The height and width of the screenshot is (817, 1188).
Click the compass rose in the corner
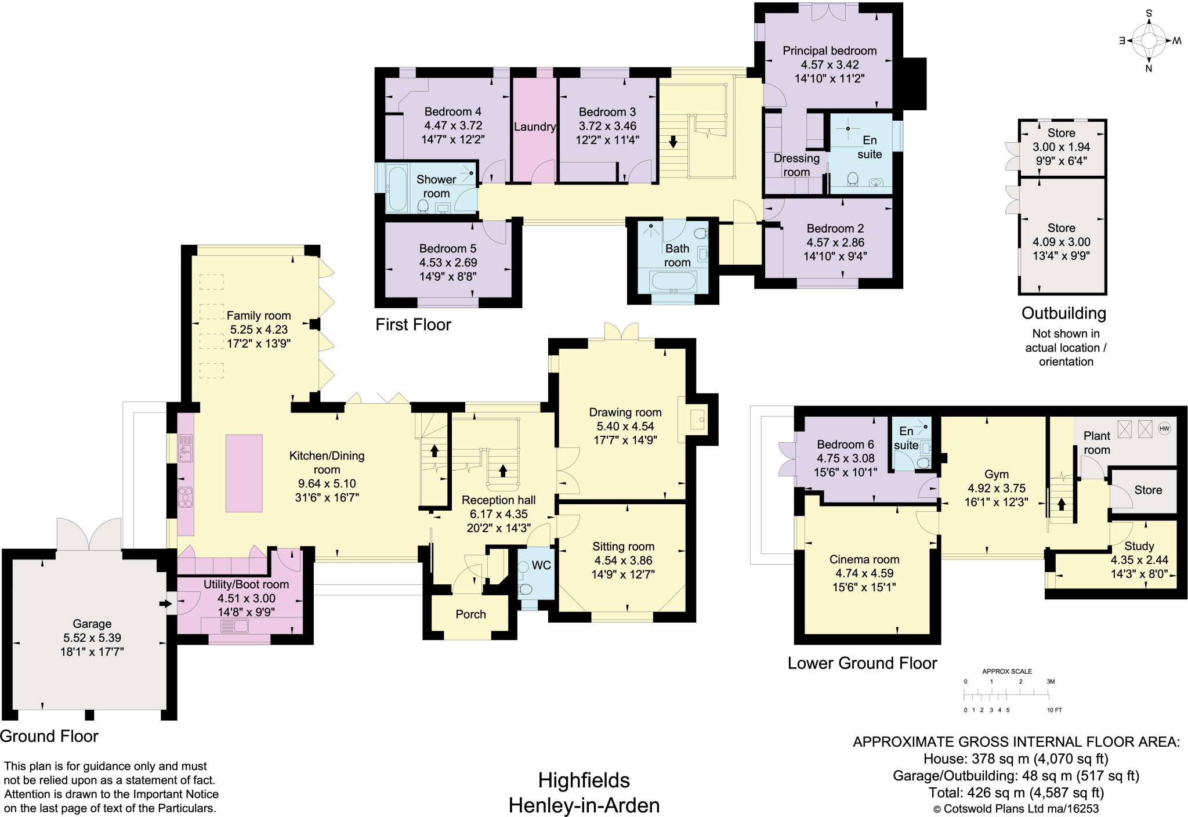[1149, 41]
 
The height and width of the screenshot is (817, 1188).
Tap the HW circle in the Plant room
[1164, 429]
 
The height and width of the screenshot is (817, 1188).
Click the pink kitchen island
[244, 473]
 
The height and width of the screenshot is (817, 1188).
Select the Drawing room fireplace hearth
[697, 419]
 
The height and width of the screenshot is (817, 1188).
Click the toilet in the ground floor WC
[526, 590]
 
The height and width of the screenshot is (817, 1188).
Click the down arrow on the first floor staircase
[673, 142]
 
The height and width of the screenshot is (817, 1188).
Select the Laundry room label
[534, 126]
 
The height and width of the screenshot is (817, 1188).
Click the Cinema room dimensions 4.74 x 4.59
[864, 573]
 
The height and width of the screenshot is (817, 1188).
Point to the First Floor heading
[413, 324]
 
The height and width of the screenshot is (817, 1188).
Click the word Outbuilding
[1063, 313]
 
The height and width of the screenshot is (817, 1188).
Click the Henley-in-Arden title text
[584, 805]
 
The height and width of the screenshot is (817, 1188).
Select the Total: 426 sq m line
[1015, 793]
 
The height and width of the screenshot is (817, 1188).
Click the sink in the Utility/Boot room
[235, 626]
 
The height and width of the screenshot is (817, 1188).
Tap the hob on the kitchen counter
[185, 497]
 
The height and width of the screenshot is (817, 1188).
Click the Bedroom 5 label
[447, 248]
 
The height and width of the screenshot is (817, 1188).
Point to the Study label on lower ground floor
[1139, 546]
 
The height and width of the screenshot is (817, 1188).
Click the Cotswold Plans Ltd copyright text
[1015, 809]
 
